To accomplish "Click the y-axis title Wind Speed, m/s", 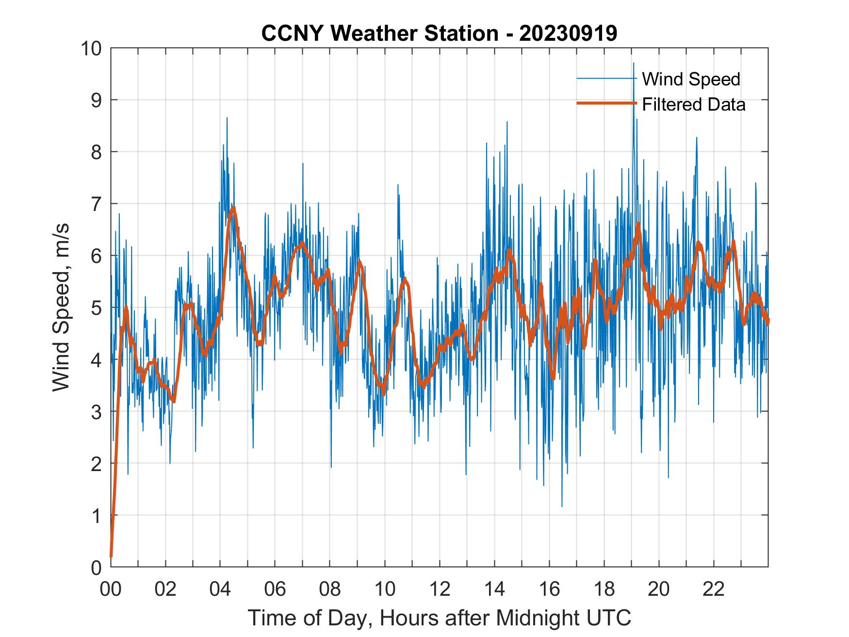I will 61,307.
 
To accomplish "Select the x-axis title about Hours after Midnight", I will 440,618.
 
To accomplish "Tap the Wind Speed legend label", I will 691,79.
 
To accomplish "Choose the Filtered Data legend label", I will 693,104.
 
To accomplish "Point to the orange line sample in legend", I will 606,103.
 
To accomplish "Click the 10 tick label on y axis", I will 92,49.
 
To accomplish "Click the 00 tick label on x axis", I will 111,589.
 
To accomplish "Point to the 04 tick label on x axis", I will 220,589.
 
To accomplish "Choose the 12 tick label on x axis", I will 440,589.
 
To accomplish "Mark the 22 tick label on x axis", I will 714,589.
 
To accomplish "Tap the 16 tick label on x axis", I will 549,589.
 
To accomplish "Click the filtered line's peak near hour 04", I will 234,208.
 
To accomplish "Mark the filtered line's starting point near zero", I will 111,555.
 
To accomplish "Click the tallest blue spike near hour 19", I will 633,63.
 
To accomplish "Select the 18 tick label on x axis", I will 604,589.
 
